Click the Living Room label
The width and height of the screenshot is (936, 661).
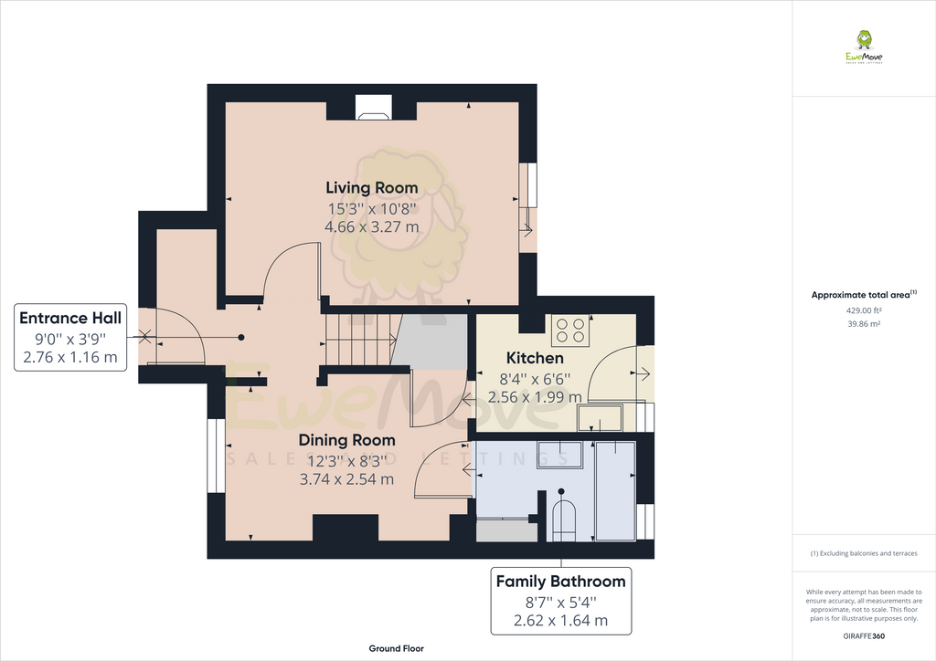point(372,188)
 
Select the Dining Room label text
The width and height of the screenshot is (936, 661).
point(347,440)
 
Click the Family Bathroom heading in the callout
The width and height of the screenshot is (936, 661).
point(560,582)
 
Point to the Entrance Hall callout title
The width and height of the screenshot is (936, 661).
point(70,319)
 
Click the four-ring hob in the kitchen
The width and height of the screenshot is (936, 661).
point(570,330)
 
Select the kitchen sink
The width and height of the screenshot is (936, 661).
point(600,419)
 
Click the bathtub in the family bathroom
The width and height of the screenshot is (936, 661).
point(615,489)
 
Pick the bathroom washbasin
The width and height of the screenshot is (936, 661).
point(559,454)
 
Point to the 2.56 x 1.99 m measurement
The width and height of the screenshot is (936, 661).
point(535,397)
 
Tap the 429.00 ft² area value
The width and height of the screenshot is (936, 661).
point(864,310)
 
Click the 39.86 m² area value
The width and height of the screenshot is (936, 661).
point(864,324)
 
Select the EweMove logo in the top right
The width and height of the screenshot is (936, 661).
point(864,47)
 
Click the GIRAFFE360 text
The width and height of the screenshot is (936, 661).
point(864,636)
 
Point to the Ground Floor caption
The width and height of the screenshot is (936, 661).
point(396,648)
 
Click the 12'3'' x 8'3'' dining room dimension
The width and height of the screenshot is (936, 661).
point(347,461)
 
